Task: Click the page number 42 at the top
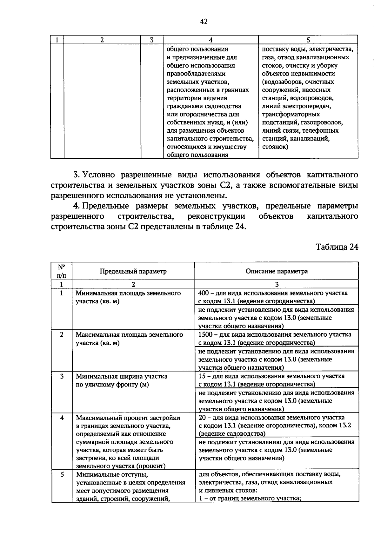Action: coord(204,22)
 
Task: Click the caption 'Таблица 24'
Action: coord(337,247)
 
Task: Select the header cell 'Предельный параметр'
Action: coord(133,271)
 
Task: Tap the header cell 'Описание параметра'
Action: coord(277,271)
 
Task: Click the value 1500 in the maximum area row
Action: coord(205,335)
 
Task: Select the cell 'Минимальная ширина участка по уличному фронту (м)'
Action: coord(121,380)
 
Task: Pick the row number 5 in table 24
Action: coord(62,475)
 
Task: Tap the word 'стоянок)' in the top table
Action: coord(275,147)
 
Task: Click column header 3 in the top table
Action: coord(152,40)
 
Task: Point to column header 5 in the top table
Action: coord(308,40)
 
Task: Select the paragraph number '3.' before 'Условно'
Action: coord(76,175)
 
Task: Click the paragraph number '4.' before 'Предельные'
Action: coord(76,206)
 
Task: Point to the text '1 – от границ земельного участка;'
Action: coord(250,498)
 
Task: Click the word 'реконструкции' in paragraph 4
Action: coord(216,217)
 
